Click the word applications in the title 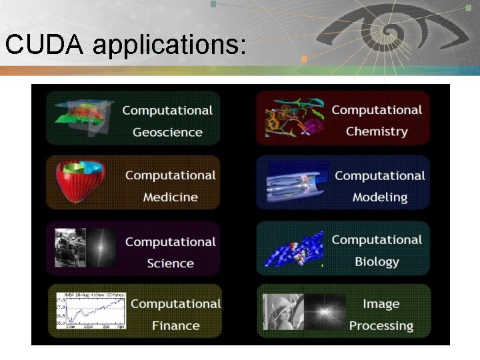(169, 46)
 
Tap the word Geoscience (167, 132)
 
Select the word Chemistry (377, 131)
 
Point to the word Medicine (170, 197)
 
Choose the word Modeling (380, 197)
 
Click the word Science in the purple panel (170, 263)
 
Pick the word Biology (377, 262)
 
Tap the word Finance (175, 326)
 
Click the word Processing (381, 326)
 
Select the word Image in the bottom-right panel (381, 304)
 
